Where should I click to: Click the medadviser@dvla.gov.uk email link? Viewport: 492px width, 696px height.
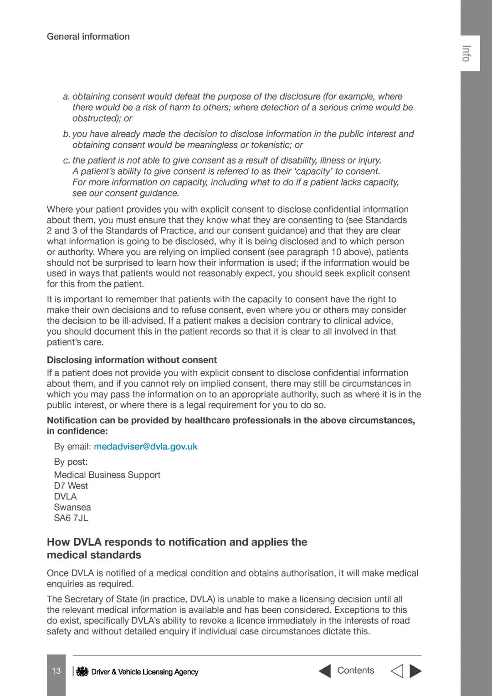point(145,447)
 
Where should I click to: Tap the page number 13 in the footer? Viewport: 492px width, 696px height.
point(56,671)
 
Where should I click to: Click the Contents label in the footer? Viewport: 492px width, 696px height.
point(355,670)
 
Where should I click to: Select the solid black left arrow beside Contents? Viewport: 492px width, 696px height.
point(325,671)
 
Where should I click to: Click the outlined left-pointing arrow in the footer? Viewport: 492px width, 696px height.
point(397,671)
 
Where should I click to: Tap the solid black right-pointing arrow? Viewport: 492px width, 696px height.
point(415,671)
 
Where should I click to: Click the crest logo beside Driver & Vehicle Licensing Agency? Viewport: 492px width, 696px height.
point(82,671)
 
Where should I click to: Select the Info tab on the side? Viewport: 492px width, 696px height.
point(466,53)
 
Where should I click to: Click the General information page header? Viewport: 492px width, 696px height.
point(88,36)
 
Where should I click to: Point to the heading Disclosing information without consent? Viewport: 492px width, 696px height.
point(132,360)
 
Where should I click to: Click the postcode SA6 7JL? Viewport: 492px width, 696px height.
point(71,518)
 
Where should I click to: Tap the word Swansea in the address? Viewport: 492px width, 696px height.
point(72,507)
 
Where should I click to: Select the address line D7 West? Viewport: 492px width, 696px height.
point(71,486)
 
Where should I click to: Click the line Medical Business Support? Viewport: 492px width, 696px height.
point(107,475)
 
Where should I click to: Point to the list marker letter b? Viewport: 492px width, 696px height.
point(66,134)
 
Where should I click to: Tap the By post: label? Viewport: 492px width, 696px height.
point(71,462)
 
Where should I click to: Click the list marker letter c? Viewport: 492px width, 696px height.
point(66,160)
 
